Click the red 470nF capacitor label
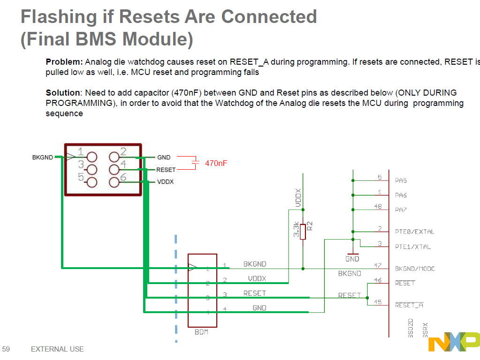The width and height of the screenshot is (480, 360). tap(216, 163)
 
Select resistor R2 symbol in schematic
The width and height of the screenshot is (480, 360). tap(303, 232)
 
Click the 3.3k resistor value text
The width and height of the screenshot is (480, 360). tap(296, 230)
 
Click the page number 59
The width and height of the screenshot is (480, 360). tap(6, 349)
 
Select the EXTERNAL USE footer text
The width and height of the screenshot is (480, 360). tap(57, 349)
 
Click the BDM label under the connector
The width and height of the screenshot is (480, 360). tap(202, 332)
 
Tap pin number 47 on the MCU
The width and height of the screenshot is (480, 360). tap(378, 265)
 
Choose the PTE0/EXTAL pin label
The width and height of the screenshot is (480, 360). tap(415, 232)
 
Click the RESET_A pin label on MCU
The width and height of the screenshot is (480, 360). tap(409, 305)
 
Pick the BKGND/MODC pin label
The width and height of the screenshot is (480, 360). tap(415, 269)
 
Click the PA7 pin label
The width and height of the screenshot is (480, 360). tap(401, 210)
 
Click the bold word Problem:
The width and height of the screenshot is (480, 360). tap(64, 62)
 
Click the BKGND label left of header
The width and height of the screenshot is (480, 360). tap(43, 157)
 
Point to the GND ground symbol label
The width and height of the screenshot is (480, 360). tap(352, 259)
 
